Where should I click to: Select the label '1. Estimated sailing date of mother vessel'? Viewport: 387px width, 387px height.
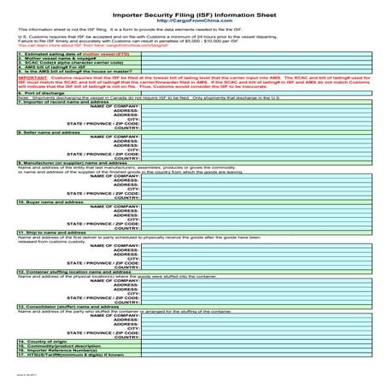[x=68, y=53]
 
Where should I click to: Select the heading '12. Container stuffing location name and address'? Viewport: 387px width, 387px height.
[x=77, y=271]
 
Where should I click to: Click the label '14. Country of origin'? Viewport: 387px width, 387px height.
[x=44, y=340]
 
